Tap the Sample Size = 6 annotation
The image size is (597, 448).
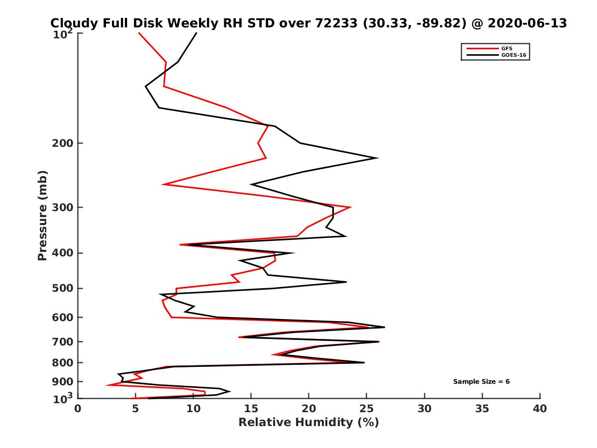(x=481, y=381)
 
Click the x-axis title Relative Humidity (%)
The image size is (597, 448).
(x=308, y=423)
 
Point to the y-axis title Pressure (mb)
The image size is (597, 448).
(x=42, y=215)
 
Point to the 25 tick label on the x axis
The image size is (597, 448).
(x=367, y=409)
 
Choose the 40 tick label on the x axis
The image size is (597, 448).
(x=540, y=409)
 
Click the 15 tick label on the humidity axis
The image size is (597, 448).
(x=251, y=409)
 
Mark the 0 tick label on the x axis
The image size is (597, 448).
(x=78, y=409)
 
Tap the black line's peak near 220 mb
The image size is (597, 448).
(x=378, y=158)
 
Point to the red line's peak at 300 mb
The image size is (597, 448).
(x=351, y=207)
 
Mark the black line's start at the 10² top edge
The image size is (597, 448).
(x=197, y=33)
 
